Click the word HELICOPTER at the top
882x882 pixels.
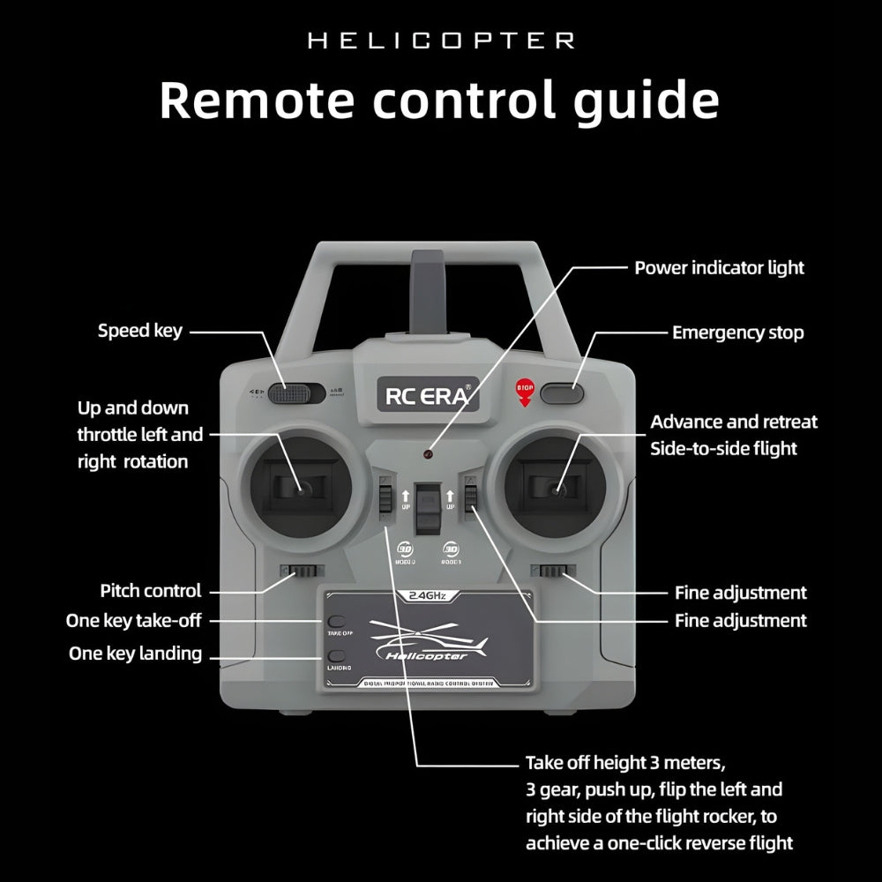coord(441,41)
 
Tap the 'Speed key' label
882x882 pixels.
coord(140,331)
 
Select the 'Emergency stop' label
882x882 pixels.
coord(737,333)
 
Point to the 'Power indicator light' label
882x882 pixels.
coord(719,267)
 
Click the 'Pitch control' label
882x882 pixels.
coord(151,591)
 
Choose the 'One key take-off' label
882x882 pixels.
coord(134,621)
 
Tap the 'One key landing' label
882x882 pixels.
coord(135,654)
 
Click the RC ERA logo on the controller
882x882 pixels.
coord(429,394)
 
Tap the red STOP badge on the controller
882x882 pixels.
coord(524,389)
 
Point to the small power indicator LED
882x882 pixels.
coord(427,455)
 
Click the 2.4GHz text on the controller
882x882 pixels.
coord(428,596)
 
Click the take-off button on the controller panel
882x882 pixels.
coord(337,623)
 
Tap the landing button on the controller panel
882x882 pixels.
coord(337,656)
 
